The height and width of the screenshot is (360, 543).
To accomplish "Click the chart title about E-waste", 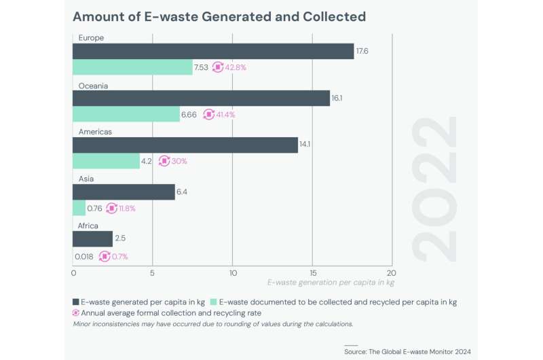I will pyautogui.click(x=219, y=16).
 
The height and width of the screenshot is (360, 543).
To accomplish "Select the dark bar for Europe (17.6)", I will pyautogui.click(x=213, y=51).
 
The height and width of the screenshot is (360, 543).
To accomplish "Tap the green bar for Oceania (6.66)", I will pyautogui.click(x=126, y=114).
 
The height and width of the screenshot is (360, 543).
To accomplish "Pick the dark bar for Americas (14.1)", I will pyautogui.click(x=185, y=145).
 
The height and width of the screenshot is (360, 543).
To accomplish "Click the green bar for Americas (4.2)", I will pyautogui.click(x=106, y=161).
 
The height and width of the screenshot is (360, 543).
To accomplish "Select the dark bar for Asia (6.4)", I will pyautogui.click(x=124, y=192).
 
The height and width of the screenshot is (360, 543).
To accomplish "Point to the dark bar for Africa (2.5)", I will pyautogui.click(x=92, y=239).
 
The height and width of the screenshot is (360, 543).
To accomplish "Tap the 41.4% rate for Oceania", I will pyautogui.click(x=225, y=114).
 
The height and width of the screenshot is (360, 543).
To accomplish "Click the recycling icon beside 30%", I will pyautogui.click(x=164, y=161).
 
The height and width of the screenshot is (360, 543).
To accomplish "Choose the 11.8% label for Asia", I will pyautogui.click(x=127, y=209).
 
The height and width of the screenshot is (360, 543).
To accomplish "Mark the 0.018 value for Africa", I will pyautogui.click(x=83, y=256).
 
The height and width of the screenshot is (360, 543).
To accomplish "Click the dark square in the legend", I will pyautogui.click(x=76, y=302).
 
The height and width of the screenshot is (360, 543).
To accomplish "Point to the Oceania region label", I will pyautogui.click(x=93, y=86).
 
